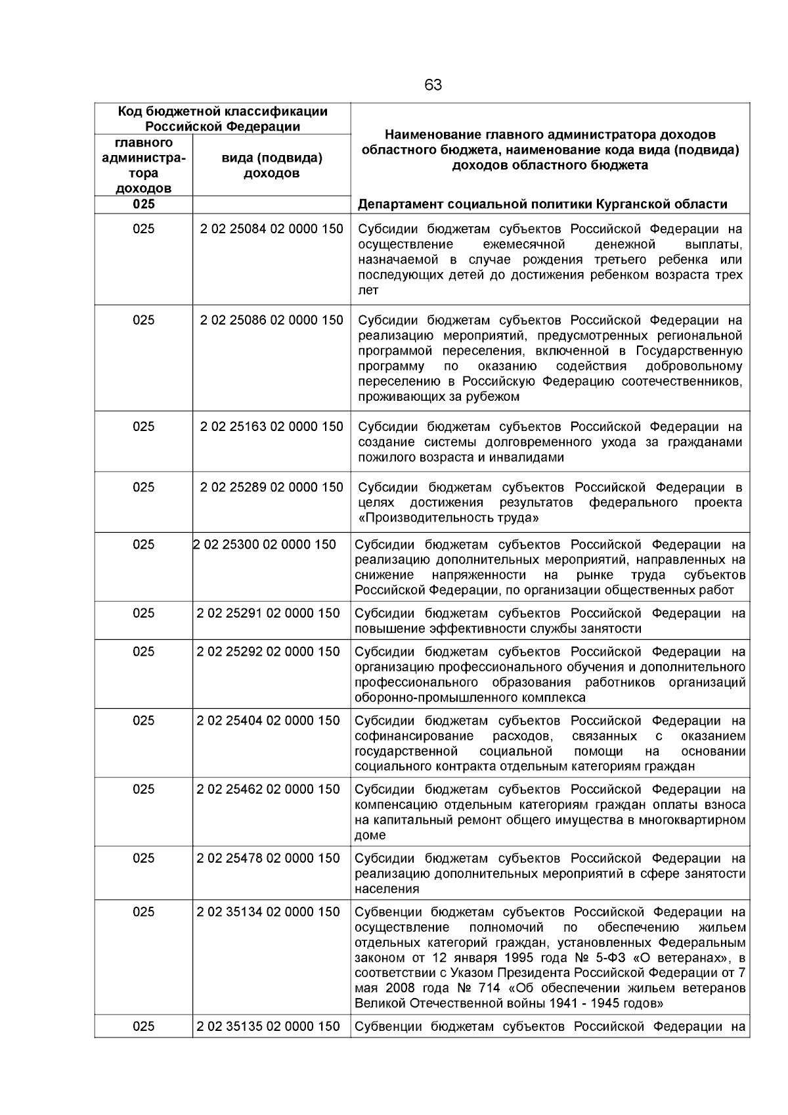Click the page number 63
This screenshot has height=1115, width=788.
[x=433, y=85]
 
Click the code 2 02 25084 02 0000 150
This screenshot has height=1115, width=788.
[x=271, y=229]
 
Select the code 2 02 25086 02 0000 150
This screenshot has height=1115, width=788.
[x=271, y=320]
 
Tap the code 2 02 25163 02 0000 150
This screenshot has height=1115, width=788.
[x=271, y=426]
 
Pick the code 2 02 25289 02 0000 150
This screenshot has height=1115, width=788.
[x=271, y=487]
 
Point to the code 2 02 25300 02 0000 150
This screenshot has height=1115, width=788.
[x=265, y=544]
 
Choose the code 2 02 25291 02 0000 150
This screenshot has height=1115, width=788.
[x=268, y=613]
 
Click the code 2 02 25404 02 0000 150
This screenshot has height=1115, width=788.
[x=268, y=720]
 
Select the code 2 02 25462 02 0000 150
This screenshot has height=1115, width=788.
[x=268, y=789]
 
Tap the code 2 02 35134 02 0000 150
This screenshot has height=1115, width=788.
[x=268, y=911]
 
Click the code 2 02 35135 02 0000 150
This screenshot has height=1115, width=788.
[x=268, y=1026]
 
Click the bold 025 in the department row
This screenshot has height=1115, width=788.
[x=143, y=204]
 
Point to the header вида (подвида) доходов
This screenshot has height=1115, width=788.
[x=271, y=166]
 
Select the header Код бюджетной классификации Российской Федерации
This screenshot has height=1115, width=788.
[x=222, y=119]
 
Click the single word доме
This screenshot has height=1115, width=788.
[x=370, y=836]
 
